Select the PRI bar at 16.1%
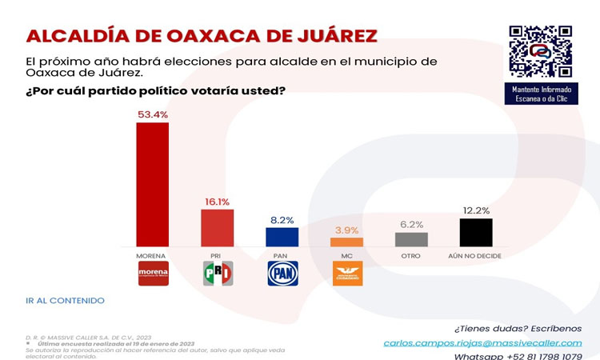[218, 228]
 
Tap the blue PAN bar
[282, 237]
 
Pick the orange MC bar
[347, 242]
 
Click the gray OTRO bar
[411, 239]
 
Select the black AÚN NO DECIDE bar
[476, 232]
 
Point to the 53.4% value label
[153, 114]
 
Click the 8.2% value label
[282, 219]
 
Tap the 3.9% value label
[347, 230]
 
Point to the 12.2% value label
[476, 210]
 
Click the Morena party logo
[153, 274]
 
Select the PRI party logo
[218, 274]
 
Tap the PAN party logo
[282, 274]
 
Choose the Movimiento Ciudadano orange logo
[347, 274]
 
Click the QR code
[540, 51]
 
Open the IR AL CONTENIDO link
[65, 301]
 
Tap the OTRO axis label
[411, 255]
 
